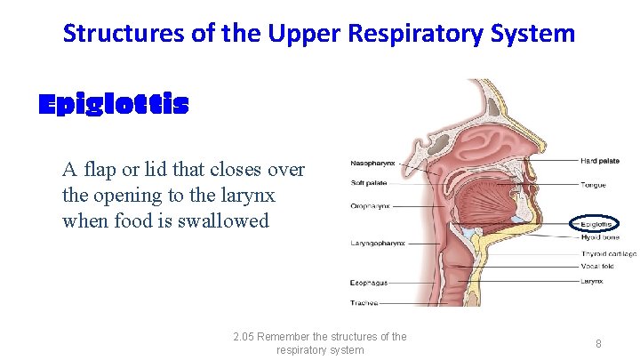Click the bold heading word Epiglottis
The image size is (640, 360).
coord(114,106)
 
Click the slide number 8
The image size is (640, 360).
coord(598,343)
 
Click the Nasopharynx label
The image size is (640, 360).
coord(372,164)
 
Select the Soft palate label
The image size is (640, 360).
coord(368,183)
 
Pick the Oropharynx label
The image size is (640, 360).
coord(369,206)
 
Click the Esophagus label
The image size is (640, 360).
coord(369,284)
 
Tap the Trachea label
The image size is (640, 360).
coord(364,303)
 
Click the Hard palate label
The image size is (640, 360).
coord(600,161)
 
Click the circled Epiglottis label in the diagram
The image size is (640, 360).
coord(593,225)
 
